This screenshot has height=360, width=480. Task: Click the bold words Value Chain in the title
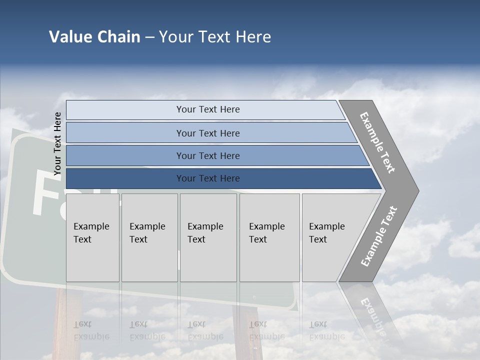pyautogui.click(x=94, y=37)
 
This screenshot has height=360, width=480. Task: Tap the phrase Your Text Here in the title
pyautogui.click(x=215, y=37)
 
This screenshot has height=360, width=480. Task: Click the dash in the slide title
pyautogui.click(x=149, y=37)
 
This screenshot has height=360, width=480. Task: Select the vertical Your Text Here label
pyautogui.click(x=57, y=144)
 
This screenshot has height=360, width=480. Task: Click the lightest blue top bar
pyautogui.click(x=207, y=109)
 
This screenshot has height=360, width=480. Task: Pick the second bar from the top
pyautogui.click(x=207, y=133)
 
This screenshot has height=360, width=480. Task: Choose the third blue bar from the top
pyautogui.click(x=207, y=155)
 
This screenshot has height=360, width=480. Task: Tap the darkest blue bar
pyautogui.click(x=207, y=178)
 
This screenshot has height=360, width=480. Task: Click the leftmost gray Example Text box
pyautogui.click(x=92, y=237)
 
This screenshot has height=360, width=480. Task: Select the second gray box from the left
pyautogui.click(x=149, y=237)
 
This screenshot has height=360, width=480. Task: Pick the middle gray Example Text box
pyautogui.click(x=208, y=237)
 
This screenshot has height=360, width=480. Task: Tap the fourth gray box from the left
pyautogui.click(x=269, y=237)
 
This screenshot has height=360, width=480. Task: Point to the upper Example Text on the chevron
pyautogui.click(x=378, y=142)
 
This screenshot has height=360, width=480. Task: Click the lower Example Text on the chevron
pyautogui.click(x=379, y=236)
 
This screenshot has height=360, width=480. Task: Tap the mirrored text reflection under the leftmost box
pyautogui.click(x=91, y=330)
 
